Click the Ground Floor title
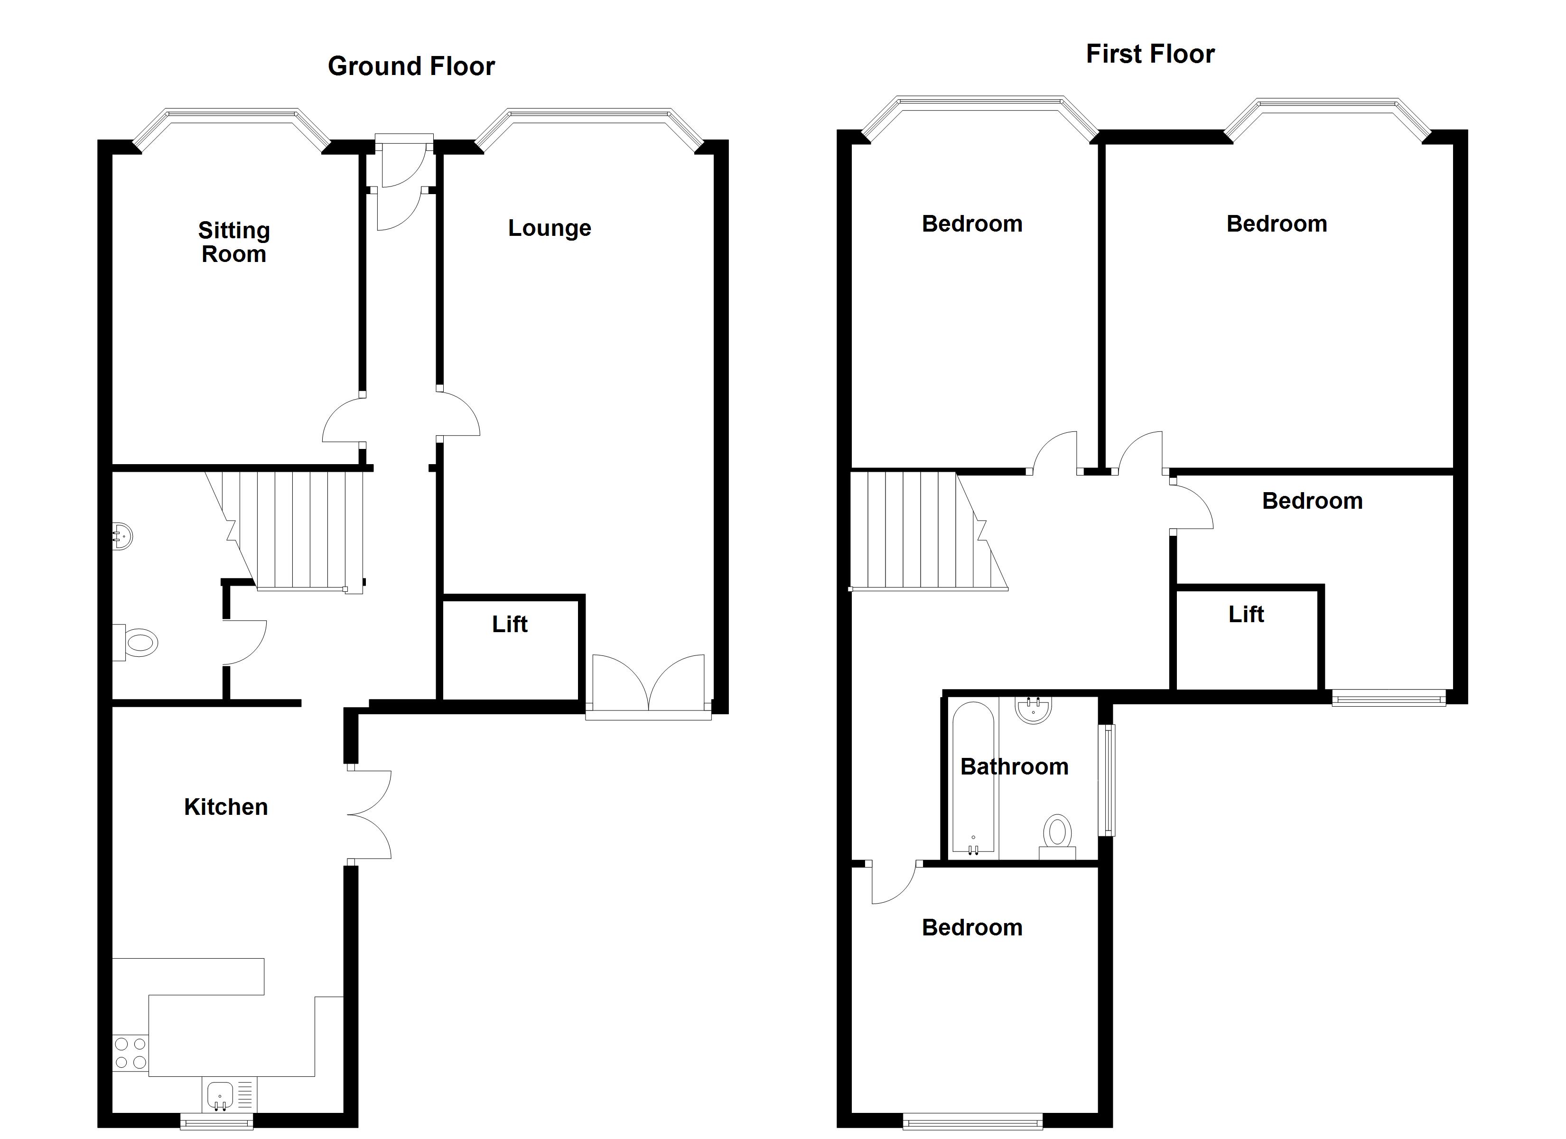point(411,66)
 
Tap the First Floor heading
point(1150,54)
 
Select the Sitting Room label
point(234,242)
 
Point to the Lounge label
point(550,228)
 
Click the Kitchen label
point(226,807)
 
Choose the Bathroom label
point(1014,767)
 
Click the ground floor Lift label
point(510,625)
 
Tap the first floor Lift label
point(1246,614)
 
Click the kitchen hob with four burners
point(130,1054)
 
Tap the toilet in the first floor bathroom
point(1057,837)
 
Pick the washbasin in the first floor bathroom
point(1034,710)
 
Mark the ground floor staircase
point(284,531)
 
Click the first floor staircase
point(929,531)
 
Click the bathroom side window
point(1107,780)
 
